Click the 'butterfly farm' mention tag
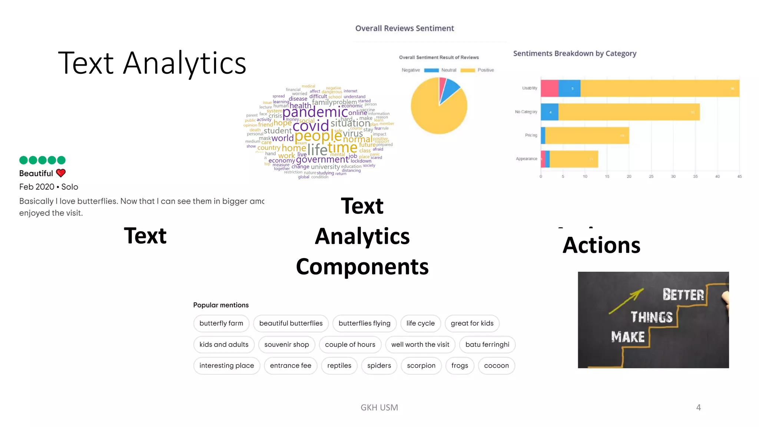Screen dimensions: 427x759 [x=221, y=323]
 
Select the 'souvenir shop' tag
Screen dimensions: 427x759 [x=286, y=344]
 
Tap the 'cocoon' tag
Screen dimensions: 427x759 [x=496, y=365]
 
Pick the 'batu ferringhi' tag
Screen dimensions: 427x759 [x=487, y=344]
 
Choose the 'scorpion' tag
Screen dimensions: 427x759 [x=421, y=365]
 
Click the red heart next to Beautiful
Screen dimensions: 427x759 [x=61, y=173]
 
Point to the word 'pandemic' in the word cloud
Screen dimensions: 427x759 [x=315, y=112]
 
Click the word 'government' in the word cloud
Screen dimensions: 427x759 [x=322, y=160]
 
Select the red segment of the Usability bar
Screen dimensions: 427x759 [x=549, y=88]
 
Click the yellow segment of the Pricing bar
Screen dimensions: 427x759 [x=587, y=135]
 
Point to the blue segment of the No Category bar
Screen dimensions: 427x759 [x=550, y=112]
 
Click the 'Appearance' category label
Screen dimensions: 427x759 [x=526, y=159]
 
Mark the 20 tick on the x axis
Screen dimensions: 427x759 [x=629, y=176]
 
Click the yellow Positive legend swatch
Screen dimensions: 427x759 [x=468, y=70]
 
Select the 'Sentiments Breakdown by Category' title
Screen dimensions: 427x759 [x=574, y=53]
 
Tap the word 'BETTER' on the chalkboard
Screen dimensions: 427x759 [x=683, y=295]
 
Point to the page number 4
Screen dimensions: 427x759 [x=698, y=407]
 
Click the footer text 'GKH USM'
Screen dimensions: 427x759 [x=379, y=407]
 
